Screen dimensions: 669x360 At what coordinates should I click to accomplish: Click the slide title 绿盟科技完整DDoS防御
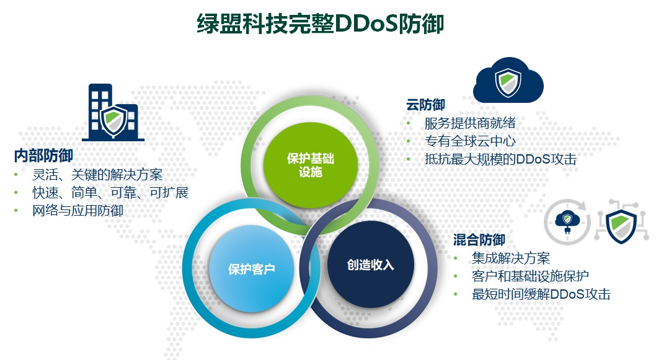(x=321, y=24)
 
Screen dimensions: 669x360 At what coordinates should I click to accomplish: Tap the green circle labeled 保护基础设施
(x=310, y=165)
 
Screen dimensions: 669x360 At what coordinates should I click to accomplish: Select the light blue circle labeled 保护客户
(x=251, y=269)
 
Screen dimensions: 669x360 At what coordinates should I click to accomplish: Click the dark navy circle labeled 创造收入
(x=370, y=265)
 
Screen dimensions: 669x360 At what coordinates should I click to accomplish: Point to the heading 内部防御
(x=43, y=156)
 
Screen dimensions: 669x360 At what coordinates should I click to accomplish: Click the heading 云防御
(x=425, y=105)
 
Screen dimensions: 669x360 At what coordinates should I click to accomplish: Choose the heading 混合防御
(x=479, y=240)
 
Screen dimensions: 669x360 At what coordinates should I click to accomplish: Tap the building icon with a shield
(x=113, y=112)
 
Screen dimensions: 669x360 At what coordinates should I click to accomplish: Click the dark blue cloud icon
(x=508, y=80)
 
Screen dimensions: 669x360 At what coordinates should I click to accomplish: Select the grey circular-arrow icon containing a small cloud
(x=567, y=222)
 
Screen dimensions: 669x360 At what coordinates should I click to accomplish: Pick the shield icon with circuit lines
(x=622, y=222)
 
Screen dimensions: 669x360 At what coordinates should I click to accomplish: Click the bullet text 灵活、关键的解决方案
(x=97, y=175)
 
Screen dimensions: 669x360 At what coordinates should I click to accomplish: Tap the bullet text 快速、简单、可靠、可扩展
(x=110, y=192)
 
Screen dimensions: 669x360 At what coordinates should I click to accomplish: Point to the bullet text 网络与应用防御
(x=78, y=210)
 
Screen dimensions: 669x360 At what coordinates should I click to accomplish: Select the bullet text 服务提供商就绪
(x=470, y=123)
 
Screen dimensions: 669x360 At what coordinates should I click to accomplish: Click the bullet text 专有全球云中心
(x=470, y=141)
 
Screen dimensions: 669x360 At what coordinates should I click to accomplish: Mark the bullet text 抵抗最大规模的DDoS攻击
(x=500, y=159)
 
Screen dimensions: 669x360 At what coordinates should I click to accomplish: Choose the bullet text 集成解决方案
(x=511, y=258)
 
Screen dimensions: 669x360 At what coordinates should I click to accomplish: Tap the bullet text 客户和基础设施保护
(x=530, y=276)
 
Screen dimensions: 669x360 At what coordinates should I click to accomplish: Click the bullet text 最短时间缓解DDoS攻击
(x=541, y=294)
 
